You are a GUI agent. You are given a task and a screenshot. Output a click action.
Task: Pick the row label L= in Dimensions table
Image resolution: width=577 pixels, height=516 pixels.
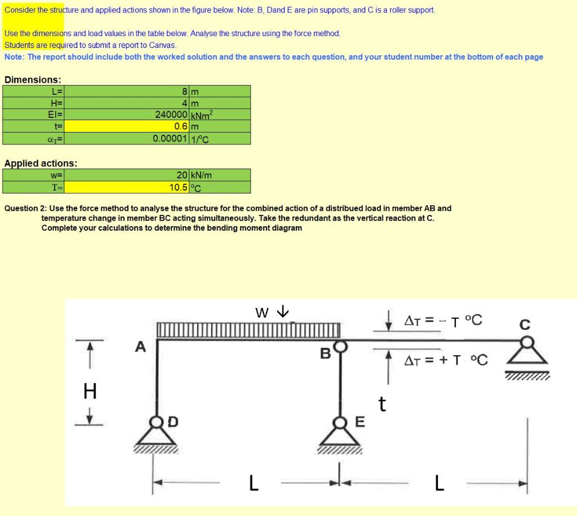[57, 91]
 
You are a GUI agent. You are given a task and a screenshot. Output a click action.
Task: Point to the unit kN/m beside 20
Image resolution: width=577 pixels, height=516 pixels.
[201, 175]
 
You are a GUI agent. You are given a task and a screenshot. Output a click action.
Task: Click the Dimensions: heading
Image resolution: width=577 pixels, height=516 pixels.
[33, 80]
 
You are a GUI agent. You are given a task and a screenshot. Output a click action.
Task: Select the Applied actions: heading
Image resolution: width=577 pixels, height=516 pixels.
[41, 164]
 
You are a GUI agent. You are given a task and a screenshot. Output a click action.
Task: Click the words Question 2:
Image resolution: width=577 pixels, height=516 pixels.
[26, 208]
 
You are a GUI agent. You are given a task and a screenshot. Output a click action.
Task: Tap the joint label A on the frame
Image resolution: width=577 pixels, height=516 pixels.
[140, 346]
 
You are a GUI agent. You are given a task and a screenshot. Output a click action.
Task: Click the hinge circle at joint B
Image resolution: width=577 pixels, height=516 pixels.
[340, 345]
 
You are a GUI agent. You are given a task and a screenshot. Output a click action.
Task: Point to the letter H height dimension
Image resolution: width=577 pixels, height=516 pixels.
[90, 390]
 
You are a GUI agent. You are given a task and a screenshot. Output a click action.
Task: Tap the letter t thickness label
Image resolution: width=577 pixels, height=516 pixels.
[382, 404]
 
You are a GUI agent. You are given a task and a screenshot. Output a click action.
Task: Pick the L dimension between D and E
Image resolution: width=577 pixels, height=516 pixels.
[254, 483]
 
